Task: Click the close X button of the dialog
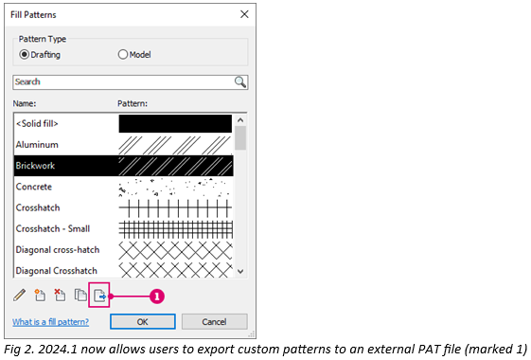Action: [245, 14]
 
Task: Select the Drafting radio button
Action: [25, 54]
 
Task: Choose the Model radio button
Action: [123, 54]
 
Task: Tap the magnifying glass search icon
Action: [240, 81]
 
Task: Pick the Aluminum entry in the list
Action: [37, 144]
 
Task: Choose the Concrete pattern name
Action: [35, 187]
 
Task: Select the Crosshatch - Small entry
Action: [54, 228]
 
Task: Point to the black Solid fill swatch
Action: [175, 123]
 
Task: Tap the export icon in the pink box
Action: [100, 295]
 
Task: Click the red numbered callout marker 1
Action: [157, 296]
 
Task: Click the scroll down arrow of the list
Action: [240, 271]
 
